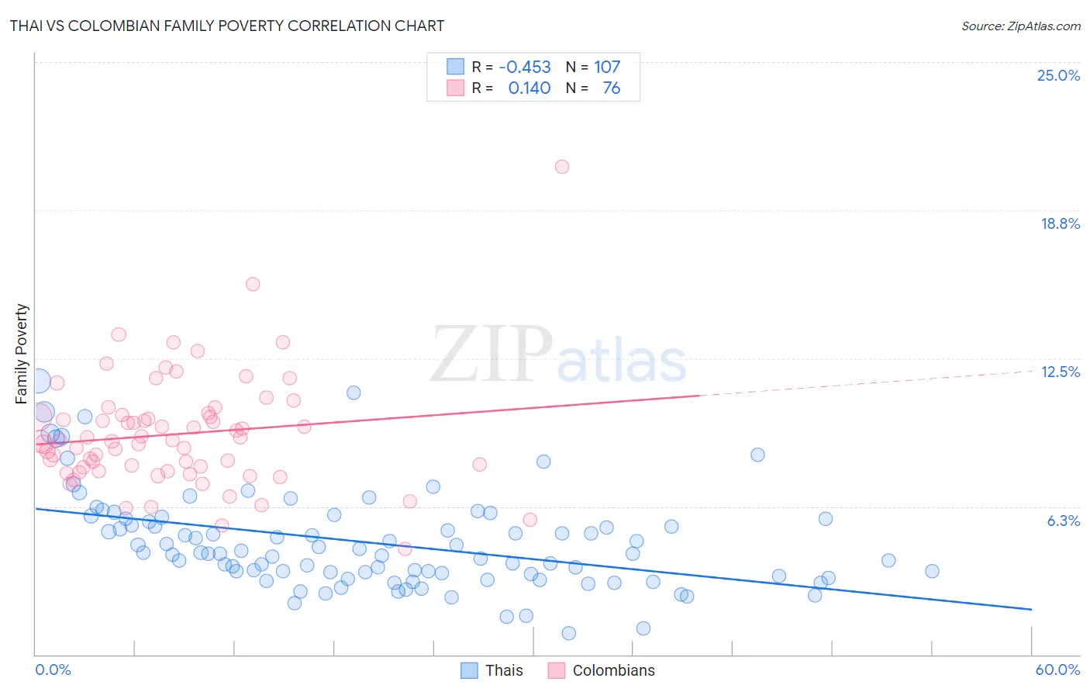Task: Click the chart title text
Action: coord(227,26)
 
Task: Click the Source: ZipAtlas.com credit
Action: coord(1020,26)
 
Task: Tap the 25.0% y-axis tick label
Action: coord(1058,75)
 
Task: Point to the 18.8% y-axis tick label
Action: coord(1060,223)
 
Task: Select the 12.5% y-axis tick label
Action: coord(1060,372)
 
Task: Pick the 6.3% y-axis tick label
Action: coord(1063,521)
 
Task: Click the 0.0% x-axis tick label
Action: coord(53,670)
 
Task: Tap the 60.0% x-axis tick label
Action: coord(1057,670)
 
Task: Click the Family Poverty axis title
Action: coord(22,354)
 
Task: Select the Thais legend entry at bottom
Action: coord(492,670)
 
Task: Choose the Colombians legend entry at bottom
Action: coord(602,670)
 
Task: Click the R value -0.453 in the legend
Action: coord(525,67)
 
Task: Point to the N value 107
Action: coord(607,67)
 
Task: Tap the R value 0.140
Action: coord(529,88)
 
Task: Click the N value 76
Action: coord(611,88)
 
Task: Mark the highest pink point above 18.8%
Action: coord(562,167)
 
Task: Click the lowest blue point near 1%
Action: coord(568,633)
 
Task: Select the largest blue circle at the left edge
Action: coord(38,381)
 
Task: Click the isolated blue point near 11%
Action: coord(354,393)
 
